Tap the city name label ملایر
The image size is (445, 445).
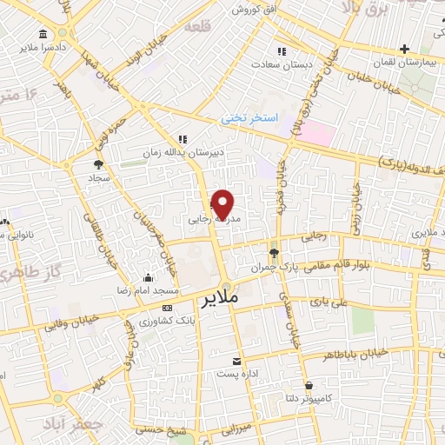222,300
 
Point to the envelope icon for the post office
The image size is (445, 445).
236,361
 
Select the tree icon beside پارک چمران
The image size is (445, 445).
274,253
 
